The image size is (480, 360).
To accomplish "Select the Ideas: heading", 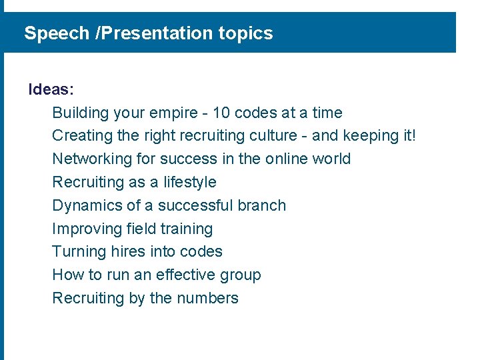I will click(x=51, y=89).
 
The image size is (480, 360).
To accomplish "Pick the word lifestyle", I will click(x=190, y=183).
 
